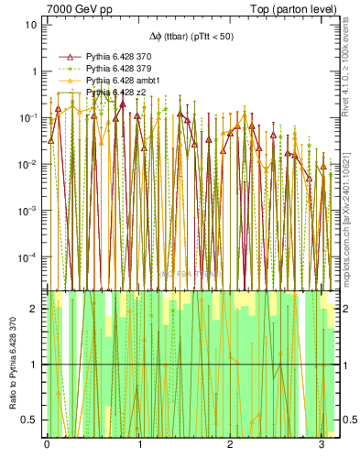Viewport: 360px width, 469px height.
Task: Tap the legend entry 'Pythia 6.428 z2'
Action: point(119,93)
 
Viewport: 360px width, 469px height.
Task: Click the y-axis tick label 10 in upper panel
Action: point(31,25)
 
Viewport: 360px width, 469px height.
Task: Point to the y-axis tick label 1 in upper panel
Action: point(34,71)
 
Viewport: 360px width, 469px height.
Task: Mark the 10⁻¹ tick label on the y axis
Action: point(28,118)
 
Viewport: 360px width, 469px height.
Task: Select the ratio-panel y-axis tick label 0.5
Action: point(30,420)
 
